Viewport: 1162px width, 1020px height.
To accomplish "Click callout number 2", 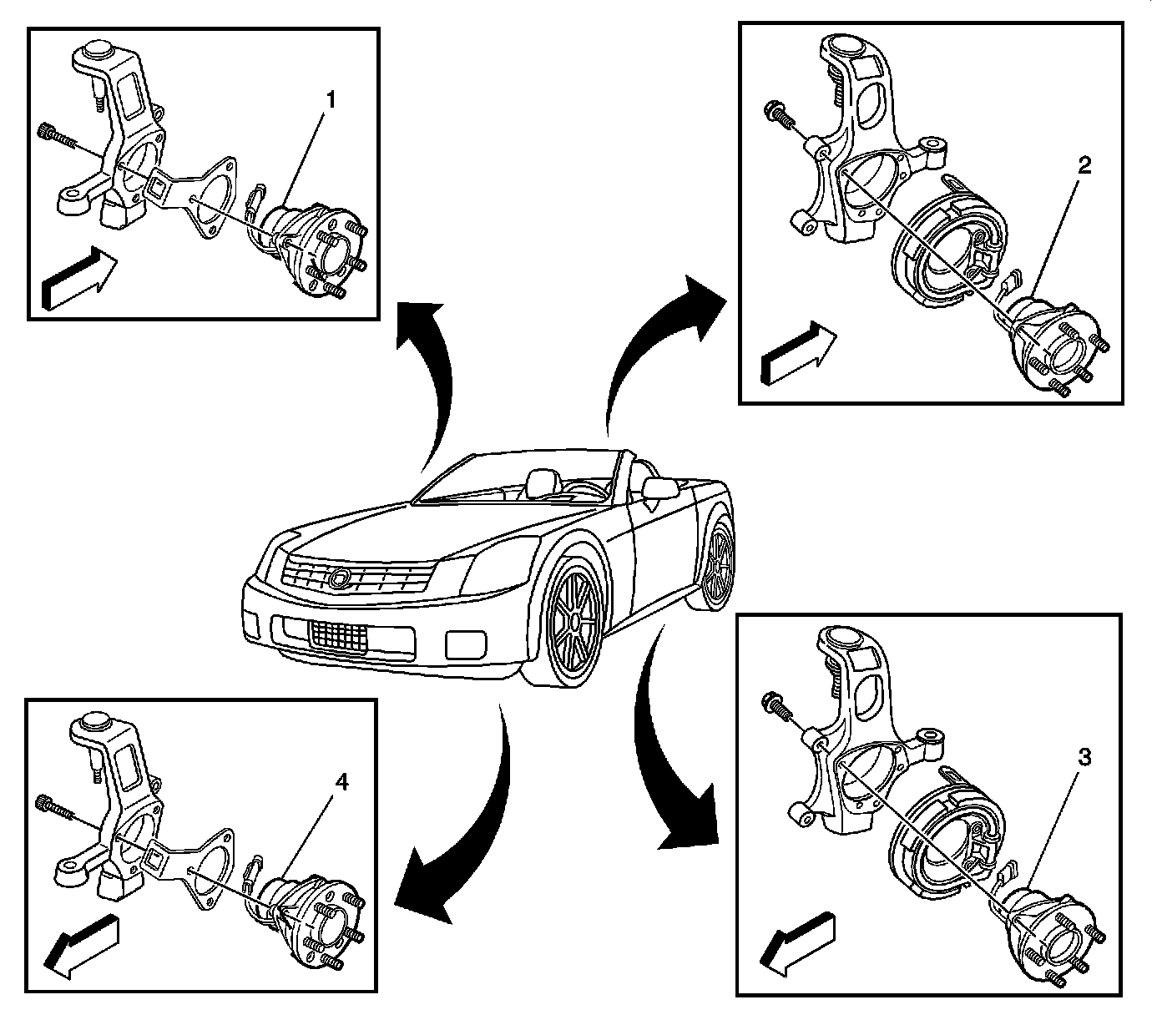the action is [x=1084, y=165].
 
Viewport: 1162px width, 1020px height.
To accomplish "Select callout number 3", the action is [x=1084, y=758].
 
